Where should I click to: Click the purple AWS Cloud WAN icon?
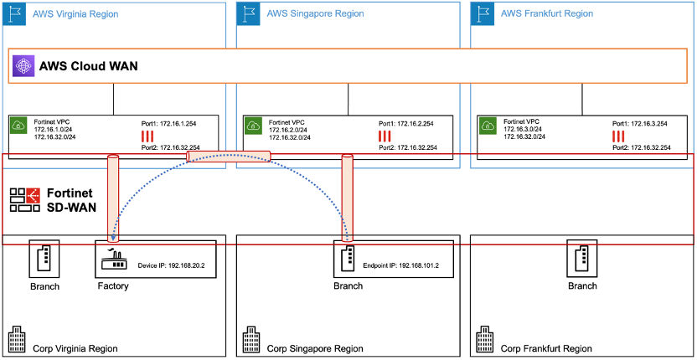click(24, 66)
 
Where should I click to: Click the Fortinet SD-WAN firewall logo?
click(24, 198)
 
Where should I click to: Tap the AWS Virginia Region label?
click(75, 14)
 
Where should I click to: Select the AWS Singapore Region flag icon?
click(247, 13)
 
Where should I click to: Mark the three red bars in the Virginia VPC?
click(147, 136)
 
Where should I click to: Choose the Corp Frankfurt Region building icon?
click(484, 341)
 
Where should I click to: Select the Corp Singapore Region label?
click(315, 347)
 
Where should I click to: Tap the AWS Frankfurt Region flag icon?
click(482, 13)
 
